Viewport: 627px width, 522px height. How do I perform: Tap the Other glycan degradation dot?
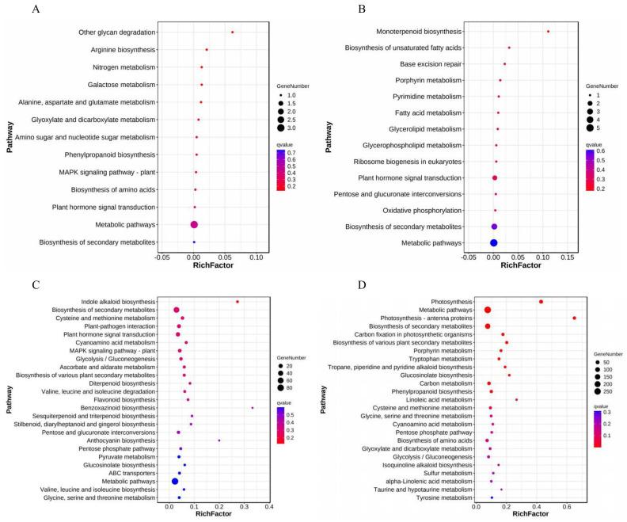click(x=232, y=32)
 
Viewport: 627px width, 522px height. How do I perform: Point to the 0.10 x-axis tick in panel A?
click(x=256, y=257)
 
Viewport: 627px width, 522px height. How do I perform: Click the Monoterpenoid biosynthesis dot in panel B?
click(x=548, y=32)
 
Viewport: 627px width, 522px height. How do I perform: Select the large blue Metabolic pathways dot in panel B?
click(x=494, y=243)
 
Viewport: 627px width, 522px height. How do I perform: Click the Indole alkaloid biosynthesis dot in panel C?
click(x=237, y=302)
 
